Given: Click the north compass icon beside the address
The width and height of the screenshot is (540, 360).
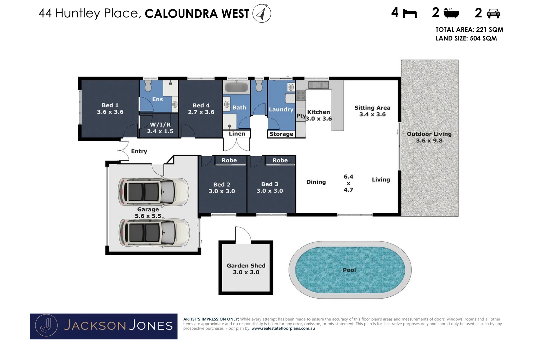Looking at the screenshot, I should click(262, 13).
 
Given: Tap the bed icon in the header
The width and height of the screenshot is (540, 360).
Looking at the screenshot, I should click(410, 13).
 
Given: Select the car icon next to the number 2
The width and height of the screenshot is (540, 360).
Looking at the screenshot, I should click(493, 13).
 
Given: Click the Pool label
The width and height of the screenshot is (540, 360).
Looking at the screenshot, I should click(349, 270).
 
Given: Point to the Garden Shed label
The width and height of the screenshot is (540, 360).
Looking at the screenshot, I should click(246, 269).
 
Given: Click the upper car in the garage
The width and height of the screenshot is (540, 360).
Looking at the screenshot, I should click(153, 192).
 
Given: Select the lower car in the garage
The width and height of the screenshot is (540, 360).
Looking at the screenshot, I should click(154, 232).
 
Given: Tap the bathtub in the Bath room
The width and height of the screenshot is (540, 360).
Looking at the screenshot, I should click(236, 87).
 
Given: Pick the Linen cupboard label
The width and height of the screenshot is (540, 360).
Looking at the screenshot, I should click(237, 134).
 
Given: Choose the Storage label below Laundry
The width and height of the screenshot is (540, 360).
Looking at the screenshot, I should click(281, 134).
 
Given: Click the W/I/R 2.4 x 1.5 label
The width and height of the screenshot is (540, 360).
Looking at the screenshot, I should click(160, 128).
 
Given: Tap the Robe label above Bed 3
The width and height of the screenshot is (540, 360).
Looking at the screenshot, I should click(280, 160).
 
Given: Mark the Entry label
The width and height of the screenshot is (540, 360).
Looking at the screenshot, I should click(139, 151).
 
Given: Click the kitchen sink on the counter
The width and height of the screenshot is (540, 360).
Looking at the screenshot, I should click(319, 85).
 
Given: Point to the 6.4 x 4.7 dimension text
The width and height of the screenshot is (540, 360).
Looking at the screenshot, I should click(348, 183).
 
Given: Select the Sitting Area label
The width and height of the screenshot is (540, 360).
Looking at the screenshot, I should click(372, 111).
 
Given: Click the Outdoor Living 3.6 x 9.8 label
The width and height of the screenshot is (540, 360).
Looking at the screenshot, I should click(429, 137).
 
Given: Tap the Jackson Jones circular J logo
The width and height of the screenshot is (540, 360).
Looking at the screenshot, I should click(47, 326).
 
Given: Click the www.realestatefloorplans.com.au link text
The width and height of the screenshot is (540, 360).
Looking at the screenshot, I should click(283, 328).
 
